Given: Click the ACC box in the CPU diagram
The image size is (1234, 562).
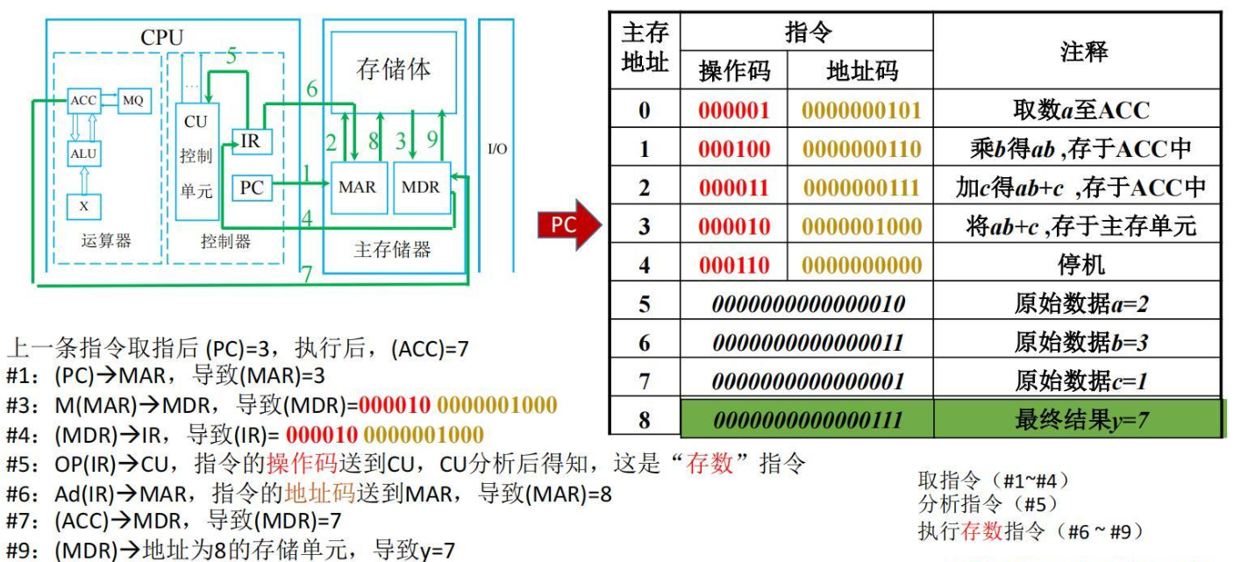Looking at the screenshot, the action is coord(83,101).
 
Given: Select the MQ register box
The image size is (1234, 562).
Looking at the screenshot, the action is coord(134,101).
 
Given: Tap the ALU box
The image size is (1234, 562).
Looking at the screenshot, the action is coord(83,153).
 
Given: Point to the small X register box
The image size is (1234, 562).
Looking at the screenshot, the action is coord(83,207).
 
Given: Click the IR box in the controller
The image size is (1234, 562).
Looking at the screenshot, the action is coord(251,142).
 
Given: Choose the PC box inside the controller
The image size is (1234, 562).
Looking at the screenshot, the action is coord(251,188).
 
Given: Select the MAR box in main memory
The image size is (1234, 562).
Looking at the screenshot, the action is coord(358,188).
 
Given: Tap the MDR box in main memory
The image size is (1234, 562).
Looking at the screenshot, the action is coord(422,188).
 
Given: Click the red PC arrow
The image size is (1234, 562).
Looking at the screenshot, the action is coord(568,224).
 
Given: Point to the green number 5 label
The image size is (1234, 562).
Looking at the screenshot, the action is coord(232,55).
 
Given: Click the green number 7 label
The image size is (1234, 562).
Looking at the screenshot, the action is coord(306,274).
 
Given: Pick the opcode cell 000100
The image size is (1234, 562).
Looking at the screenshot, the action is coord(734,149).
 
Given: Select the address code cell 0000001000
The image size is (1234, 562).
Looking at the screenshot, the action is coord(861,226).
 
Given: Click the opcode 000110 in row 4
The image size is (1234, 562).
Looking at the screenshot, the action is coord(734,265).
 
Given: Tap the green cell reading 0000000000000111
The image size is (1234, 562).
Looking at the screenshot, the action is coord(808,420).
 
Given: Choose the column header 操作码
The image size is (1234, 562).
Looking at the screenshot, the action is coord(734,71).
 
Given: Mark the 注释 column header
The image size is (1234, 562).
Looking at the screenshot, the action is coord(1083,52).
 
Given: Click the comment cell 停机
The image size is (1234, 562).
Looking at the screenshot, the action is coord(1081,265).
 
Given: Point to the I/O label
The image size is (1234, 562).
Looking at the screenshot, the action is coord(497,149).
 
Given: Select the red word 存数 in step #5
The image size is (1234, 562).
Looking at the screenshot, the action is coord(709,464).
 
